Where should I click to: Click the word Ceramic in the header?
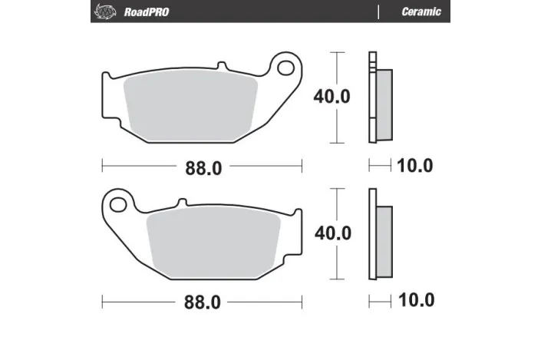pos(421,11)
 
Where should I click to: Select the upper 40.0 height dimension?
pos(332,97)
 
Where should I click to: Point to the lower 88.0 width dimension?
pos(203,302)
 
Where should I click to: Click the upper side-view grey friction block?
pos(384,104)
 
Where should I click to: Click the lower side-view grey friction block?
pos(384,240)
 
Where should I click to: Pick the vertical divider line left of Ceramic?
pos(378,11)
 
